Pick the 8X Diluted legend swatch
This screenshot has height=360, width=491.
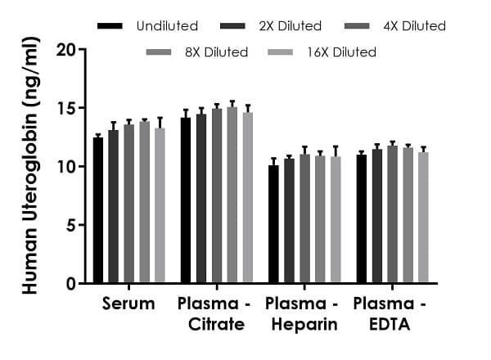coord(158,52)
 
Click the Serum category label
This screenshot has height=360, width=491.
coord(128,304)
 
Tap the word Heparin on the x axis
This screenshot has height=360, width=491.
coord(301,325)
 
